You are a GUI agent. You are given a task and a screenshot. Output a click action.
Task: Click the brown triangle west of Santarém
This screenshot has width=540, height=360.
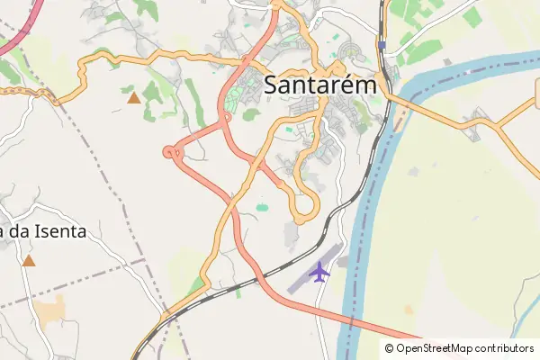pyautogui.click(x=134, y=97)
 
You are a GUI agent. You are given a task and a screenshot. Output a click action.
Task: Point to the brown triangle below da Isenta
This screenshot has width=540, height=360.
pyautogui.click(x=29, y=261)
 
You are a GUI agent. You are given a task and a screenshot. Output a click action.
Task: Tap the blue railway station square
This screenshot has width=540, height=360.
pyautogui.click(x=382, y=44)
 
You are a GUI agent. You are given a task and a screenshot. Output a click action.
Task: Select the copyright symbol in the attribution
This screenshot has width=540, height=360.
pyautogui.click(x=390, y=348)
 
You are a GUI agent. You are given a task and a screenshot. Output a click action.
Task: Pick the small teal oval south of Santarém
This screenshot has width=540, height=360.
pyautogui.click(x=262, y=208)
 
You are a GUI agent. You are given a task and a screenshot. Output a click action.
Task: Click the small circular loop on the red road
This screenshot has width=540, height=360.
pyautogui.click(x=172, y=153)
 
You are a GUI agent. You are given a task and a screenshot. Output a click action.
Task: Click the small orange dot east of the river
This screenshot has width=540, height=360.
pyautogui.click(x=409, y=310)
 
